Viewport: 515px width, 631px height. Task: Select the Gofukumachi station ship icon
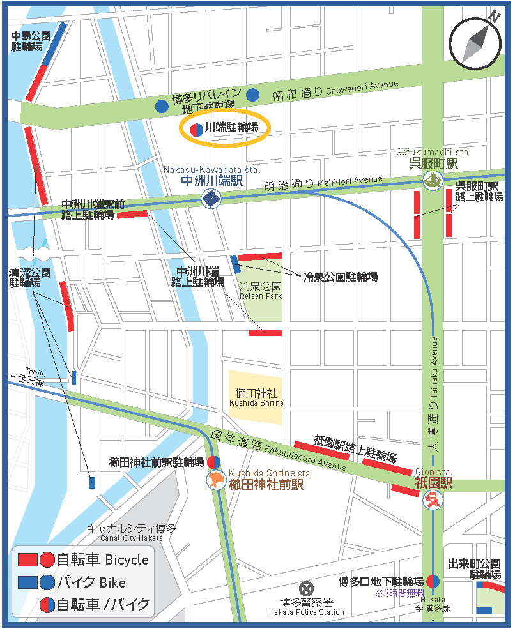433,181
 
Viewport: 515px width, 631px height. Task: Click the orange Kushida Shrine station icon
215,480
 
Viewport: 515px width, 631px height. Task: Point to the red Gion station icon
433,499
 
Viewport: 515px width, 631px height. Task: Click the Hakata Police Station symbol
307,588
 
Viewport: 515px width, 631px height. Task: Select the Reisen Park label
260,291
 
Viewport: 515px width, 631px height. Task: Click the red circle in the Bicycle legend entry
47,560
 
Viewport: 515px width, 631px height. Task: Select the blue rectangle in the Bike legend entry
27,582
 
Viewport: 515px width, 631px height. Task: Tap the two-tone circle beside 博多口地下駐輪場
433,581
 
